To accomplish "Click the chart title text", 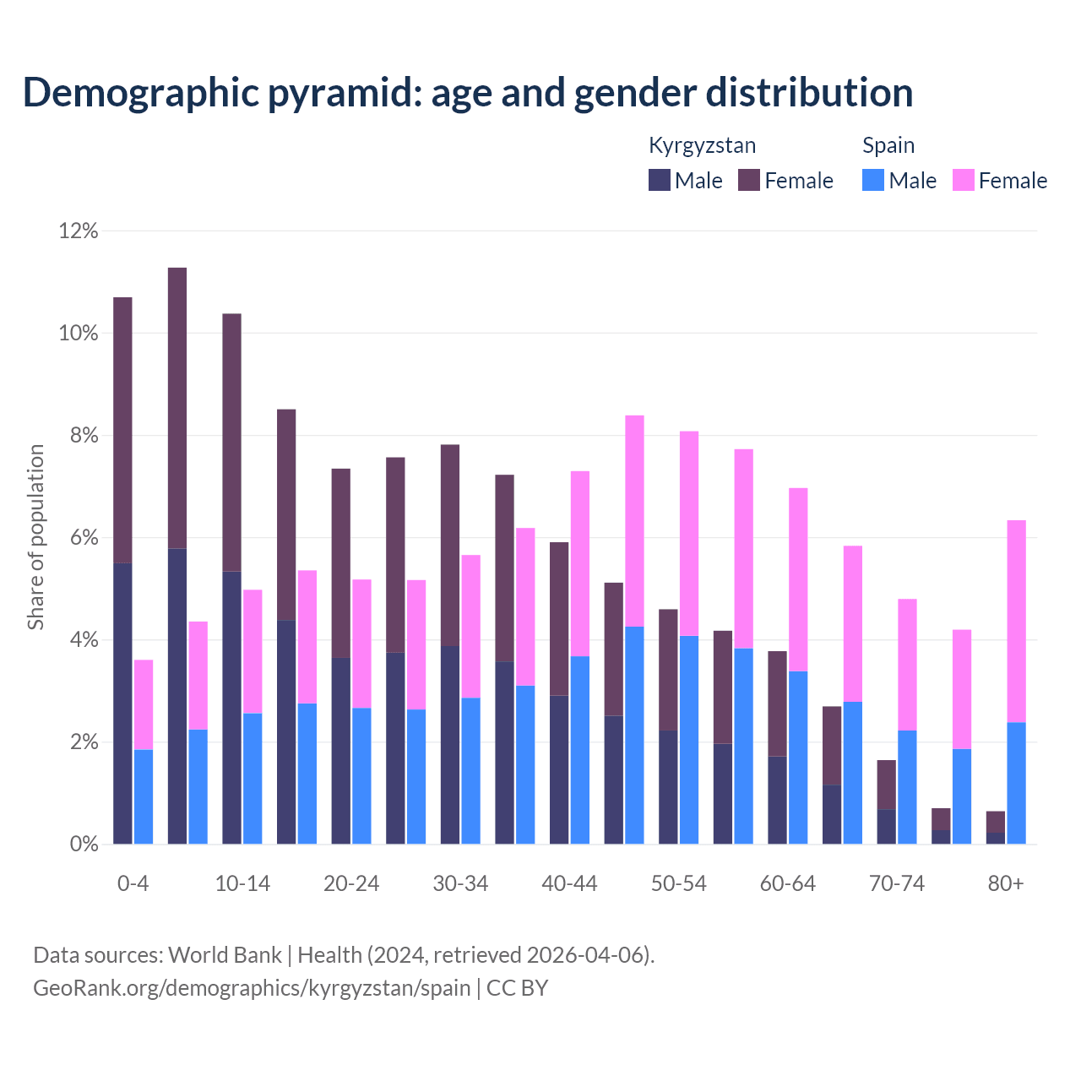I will pyautogui.click(x=468, y=93).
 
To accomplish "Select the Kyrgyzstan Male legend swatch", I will pyautogui.click(x=660, y=180).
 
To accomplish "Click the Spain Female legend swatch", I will pyautogui.click(x=963, y=180).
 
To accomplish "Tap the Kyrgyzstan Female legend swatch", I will pyautogui.click(x=749, y=180).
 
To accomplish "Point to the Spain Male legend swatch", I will pyautogui.click(x=873, y=180).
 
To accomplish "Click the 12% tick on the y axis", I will pyautogui.click(x=79, y=231).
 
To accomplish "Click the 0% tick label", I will pyautogui.click(x=83, y=845).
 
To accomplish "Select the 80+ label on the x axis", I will pyautogui.click(x=1006, y=884).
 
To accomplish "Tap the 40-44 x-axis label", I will pyautogui.click(x=569, y=884).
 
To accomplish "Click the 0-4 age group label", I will pyautogui.click(x=133, y=884).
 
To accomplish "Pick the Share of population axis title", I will pyautogui.click(x=36, y=537).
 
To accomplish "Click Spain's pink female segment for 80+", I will pyautogui.click(x=1017, y=621).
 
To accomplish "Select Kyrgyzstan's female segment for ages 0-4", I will pyautogui.click(x=122, y=430).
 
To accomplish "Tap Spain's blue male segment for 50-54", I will pyautogui.click(x=689, y=740).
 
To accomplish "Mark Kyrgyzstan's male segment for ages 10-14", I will pyautogui.click(x=231, y=708).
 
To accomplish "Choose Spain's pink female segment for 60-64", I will pyautogui.click(x=798, y=579).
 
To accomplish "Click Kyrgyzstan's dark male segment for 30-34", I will pyautogui.click(x=450, y=745).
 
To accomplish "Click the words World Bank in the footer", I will pyautogui.click(x=225, y=955).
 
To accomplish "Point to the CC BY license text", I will pyautogui.click(x=517, y=988).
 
